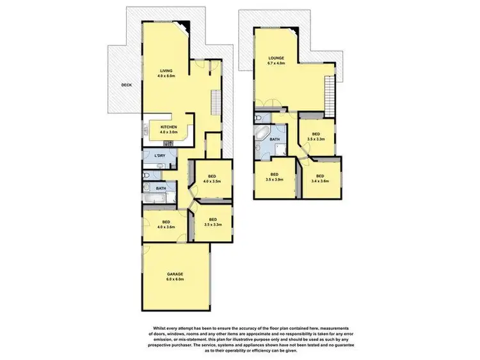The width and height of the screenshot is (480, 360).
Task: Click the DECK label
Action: click(x=127, y=84)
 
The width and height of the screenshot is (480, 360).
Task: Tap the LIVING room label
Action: click(x=166, y=70)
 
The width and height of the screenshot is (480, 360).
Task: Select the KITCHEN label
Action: click(x=169, y=127)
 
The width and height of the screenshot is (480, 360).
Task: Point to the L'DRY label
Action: click(x=160, y=156)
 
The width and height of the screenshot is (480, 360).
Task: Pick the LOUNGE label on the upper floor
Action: click(x=276, y=58)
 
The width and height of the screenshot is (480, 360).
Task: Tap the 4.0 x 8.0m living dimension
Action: click(x=166, y=76)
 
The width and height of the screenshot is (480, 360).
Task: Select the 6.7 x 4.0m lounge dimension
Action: click(x=276, y=64)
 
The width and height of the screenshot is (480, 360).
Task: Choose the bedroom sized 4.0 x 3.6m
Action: click(x=166, y=225)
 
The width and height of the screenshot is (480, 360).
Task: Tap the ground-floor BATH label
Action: click(x=161, y=189)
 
